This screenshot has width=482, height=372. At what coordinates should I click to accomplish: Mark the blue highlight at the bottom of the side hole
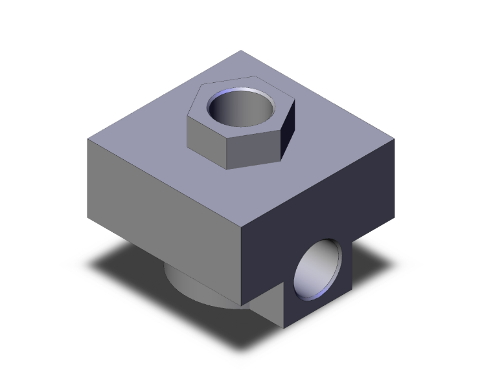tap(310, 294)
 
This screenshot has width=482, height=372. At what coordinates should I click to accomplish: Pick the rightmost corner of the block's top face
tap(395, 138)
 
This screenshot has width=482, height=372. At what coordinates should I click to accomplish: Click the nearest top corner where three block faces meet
tap(241, 228)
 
